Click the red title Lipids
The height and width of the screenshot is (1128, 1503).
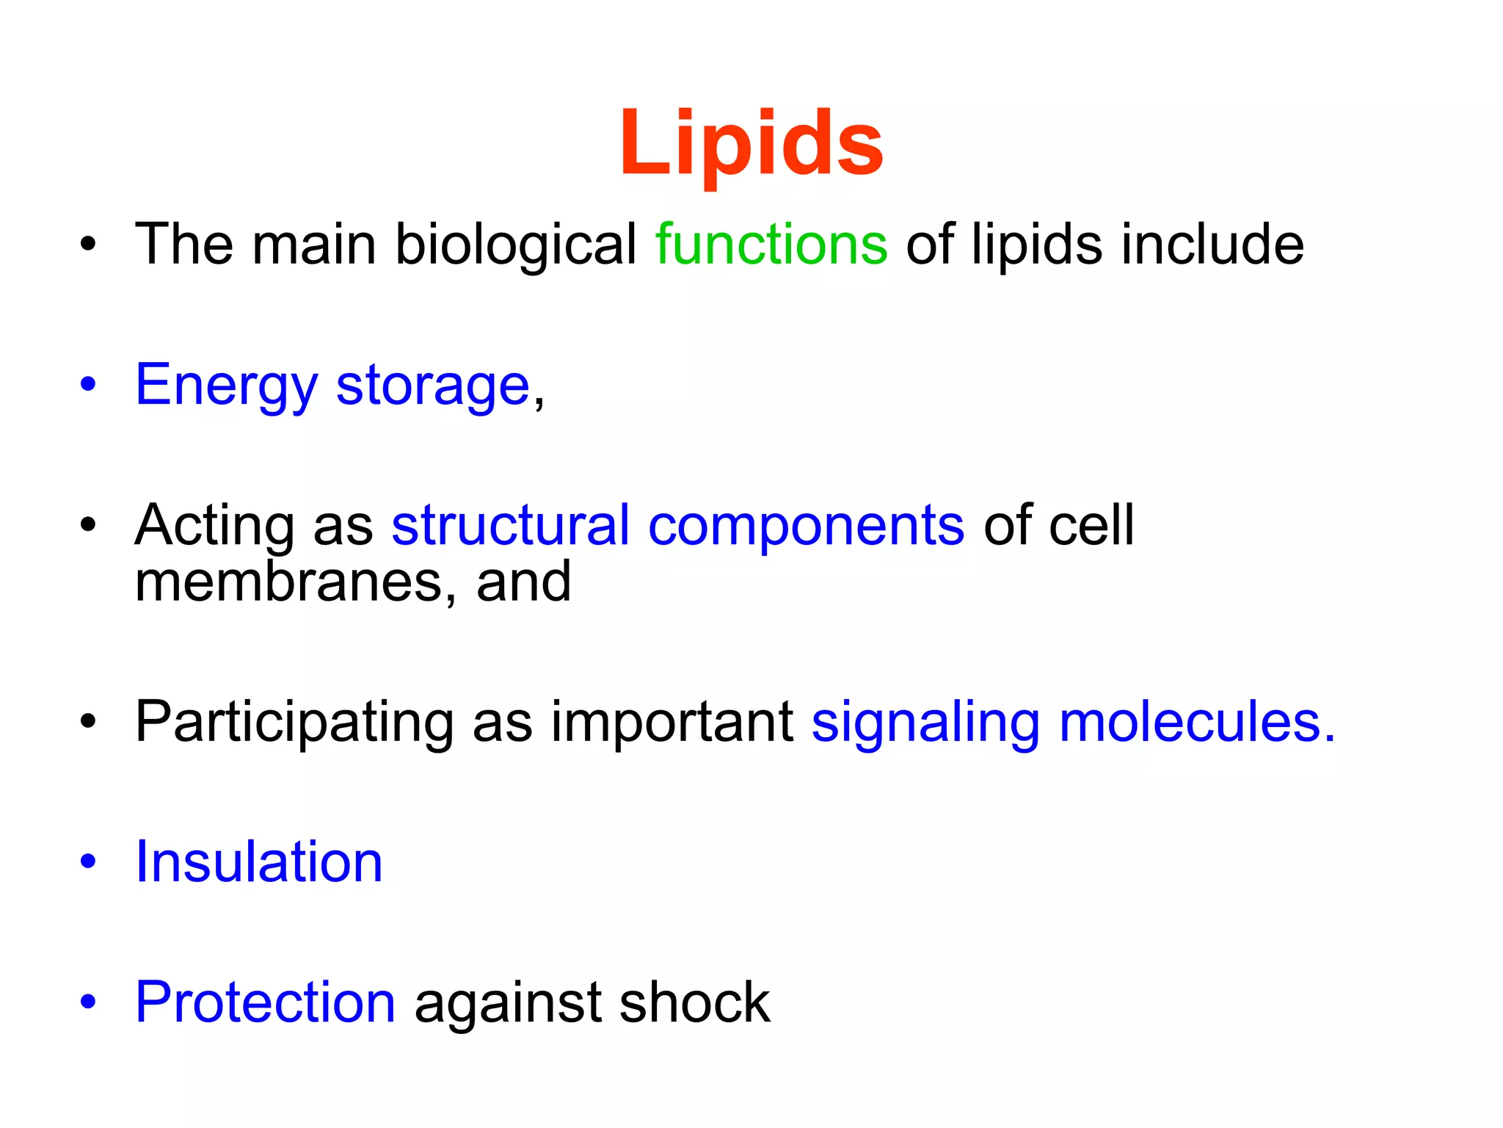(751, 143)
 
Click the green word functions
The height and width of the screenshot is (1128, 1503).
(771, 245)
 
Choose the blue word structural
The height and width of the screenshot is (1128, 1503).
(510, 525)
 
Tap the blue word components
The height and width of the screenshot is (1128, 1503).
(806, 527)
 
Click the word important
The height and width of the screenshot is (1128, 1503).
(672, 722)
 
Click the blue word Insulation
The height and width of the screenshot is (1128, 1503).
(259, 861)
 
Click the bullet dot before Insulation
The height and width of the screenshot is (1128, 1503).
(88, 861)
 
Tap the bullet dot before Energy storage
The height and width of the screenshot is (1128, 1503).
(88, 384)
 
